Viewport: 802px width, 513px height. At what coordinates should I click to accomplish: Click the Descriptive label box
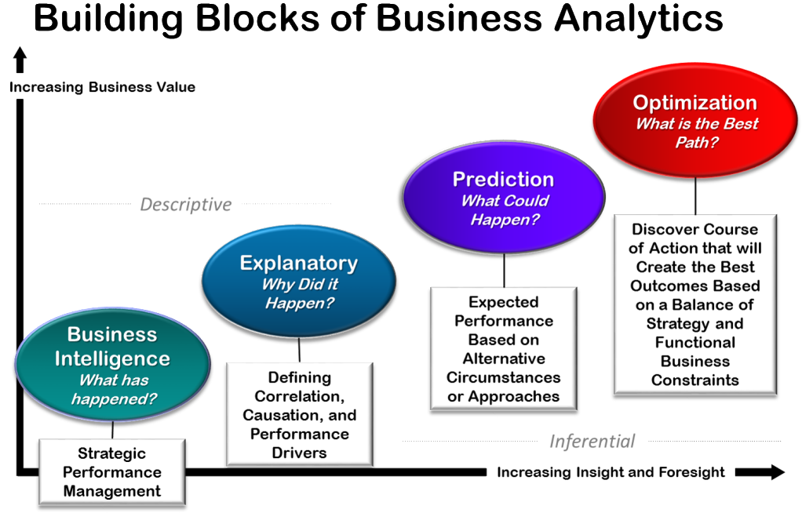tap(186, 205)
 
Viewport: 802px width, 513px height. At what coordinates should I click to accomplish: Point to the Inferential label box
tap(592, 442)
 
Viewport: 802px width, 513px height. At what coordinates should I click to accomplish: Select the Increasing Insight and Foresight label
tap(611, 472)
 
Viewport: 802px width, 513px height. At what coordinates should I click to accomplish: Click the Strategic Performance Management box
tap(112, 471)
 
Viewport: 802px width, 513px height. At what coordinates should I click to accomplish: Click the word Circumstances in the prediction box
tap(503, 377)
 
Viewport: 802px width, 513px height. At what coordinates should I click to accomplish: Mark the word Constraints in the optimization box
tap(694, 380)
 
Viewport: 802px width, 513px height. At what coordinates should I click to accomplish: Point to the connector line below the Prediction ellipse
tap(503, 270)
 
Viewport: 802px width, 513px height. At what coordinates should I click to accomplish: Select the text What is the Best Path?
tap(697, 133)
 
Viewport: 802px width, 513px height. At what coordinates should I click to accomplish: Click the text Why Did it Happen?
tap(298, 294)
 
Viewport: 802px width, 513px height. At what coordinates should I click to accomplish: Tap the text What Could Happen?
tap(504, 210)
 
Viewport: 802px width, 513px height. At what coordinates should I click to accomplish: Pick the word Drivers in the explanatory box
tap(298, 453)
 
